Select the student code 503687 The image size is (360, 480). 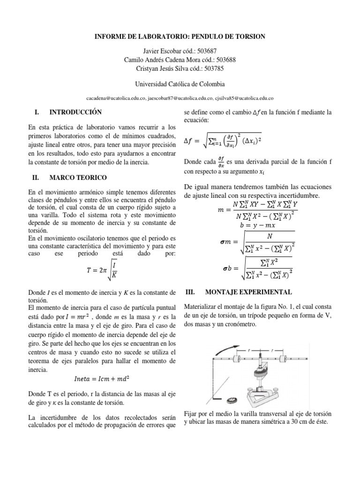206,51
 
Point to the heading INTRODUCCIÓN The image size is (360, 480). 75,112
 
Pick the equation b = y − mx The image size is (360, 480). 256,225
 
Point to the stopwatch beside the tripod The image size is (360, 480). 232,401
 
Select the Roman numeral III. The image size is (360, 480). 190,292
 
